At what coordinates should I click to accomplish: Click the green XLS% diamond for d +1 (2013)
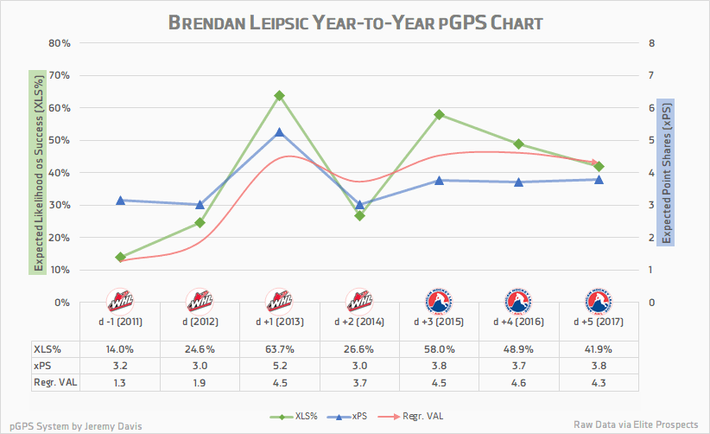click(x=279, y=95)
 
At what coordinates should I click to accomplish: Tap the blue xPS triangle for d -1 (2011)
click(x=120, y=201)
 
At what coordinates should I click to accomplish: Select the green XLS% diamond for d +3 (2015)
click(x=439, y=114)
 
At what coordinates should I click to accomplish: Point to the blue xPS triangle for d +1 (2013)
click(x=279, y=132)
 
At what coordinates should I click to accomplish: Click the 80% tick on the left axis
click(x=59, y=42)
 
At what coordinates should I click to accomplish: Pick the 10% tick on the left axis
click(x=59, y=270)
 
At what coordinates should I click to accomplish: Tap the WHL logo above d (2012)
click(x=200, y=302)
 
